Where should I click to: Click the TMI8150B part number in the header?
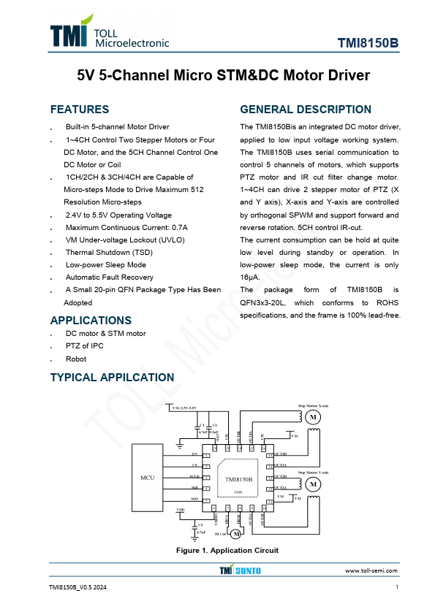pos(368,43)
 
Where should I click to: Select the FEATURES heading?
pos(79,110)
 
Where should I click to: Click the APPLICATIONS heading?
pos(91,320)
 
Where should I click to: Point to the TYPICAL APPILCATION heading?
pos(112,377)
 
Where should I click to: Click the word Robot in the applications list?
pos(76,359)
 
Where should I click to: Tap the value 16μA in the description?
pos(250,278)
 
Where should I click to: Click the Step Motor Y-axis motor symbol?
pos(312,483)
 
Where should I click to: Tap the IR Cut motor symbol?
pos(235,534)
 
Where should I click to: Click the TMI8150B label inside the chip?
pos(238,479)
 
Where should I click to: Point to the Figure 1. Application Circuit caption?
pos(227,550)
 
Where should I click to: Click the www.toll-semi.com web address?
pos(371,570)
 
